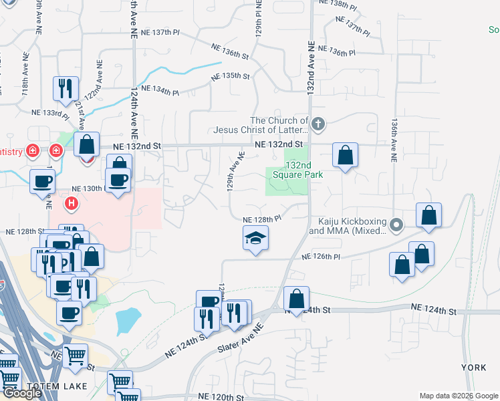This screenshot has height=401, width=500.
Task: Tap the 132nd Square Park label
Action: (304, 170)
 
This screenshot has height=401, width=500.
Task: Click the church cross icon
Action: (318, 124)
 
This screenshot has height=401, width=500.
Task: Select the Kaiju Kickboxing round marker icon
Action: (396, 224)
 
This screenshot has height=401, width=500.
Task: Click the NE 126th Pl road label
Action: (321, 257)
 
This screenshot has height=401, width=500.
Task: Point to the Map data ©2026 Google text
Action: (458, 396)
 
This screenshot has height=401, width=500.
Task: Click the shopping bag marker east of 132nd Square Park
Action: (345, 156)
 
